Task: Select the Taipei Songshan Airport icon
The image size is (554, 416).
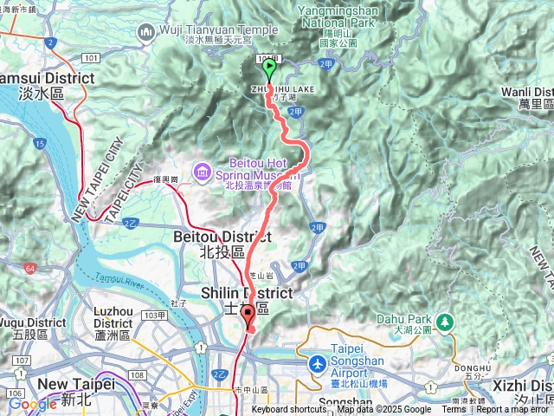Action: [x=318, y=361]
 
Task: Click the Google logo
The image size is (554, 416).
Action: [x=32, y=404]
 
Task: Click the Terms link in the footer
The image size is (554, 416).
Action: [x=454, y=410]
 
